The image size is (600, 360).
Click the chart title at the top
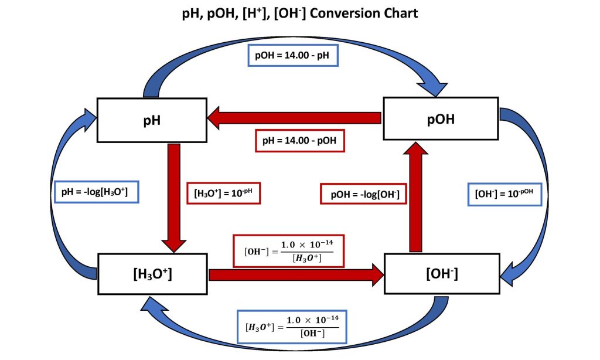(x=300, y=13)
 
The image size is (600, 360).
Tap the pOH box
(x=440, y=118)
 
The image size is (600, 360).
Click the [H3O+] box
(x=152, y=274)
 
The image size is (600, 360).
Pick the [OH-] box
(x=441, y=274)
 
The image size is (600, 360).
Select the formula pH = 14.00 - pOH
(x=300, y=141)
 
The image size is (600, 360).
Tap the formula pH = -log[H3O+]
(x=97, y=191)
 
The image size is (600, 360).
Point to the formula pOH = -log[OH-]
(x=364, y=194)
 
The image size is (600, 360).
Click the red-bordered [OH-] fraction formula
(x=288, y=250)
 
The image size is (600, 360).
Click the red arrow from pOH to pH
(x=293, y=118)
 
